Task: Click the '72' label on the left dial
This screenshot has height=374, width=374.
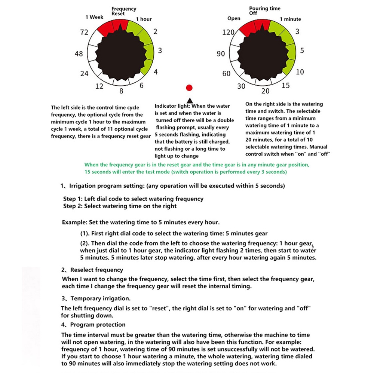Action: click(x=84, y=33)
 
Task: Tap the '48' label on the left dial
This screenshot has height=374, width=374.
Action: click(x=79, y=54)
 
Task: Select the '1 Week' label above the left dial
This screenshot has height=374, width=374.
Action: click(x=94, y=17)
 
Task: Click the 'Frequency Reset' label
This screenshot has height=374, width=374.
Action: click(x=124, y=11)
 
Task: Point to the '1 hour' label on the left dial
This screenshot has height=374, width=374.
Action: click(x=144, y=19)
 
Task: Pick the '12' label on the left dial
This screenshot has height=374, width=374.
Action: click(x=99, y=86)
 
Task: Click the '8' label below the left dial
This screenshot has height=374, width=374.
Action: click(x=121, y=91)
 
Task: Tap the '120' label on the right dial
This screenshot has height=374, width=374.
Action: click(x=227, y=33)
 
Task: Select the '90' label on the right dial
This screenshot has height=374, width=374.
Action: click(x=221, y=54)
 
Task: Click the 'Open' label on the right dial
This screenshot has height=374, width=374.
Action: click(x=234, y=18)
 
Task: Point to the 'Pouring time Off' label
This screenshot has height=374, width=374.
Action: click(x=265, y=10)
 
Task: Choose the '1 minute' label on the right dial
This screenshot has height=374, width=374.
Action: click(x=290, y=19)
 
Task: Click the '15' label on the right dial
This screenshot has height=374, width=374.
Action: click(x=285, y=86)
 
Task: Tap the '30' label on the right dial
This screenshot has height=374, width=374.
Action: click(x=242, y=86)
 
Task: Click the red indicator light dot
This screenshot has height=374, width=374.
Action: click(x=189, y=88)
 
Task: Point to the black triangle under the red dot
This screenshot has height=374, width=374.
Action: click(x=189, y=100)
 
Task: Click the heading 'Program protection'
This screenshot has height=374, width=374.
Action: click(x=98, y=325)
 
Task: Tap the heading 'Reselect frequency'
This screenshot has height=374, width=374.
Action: click(x=96, y=270)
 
